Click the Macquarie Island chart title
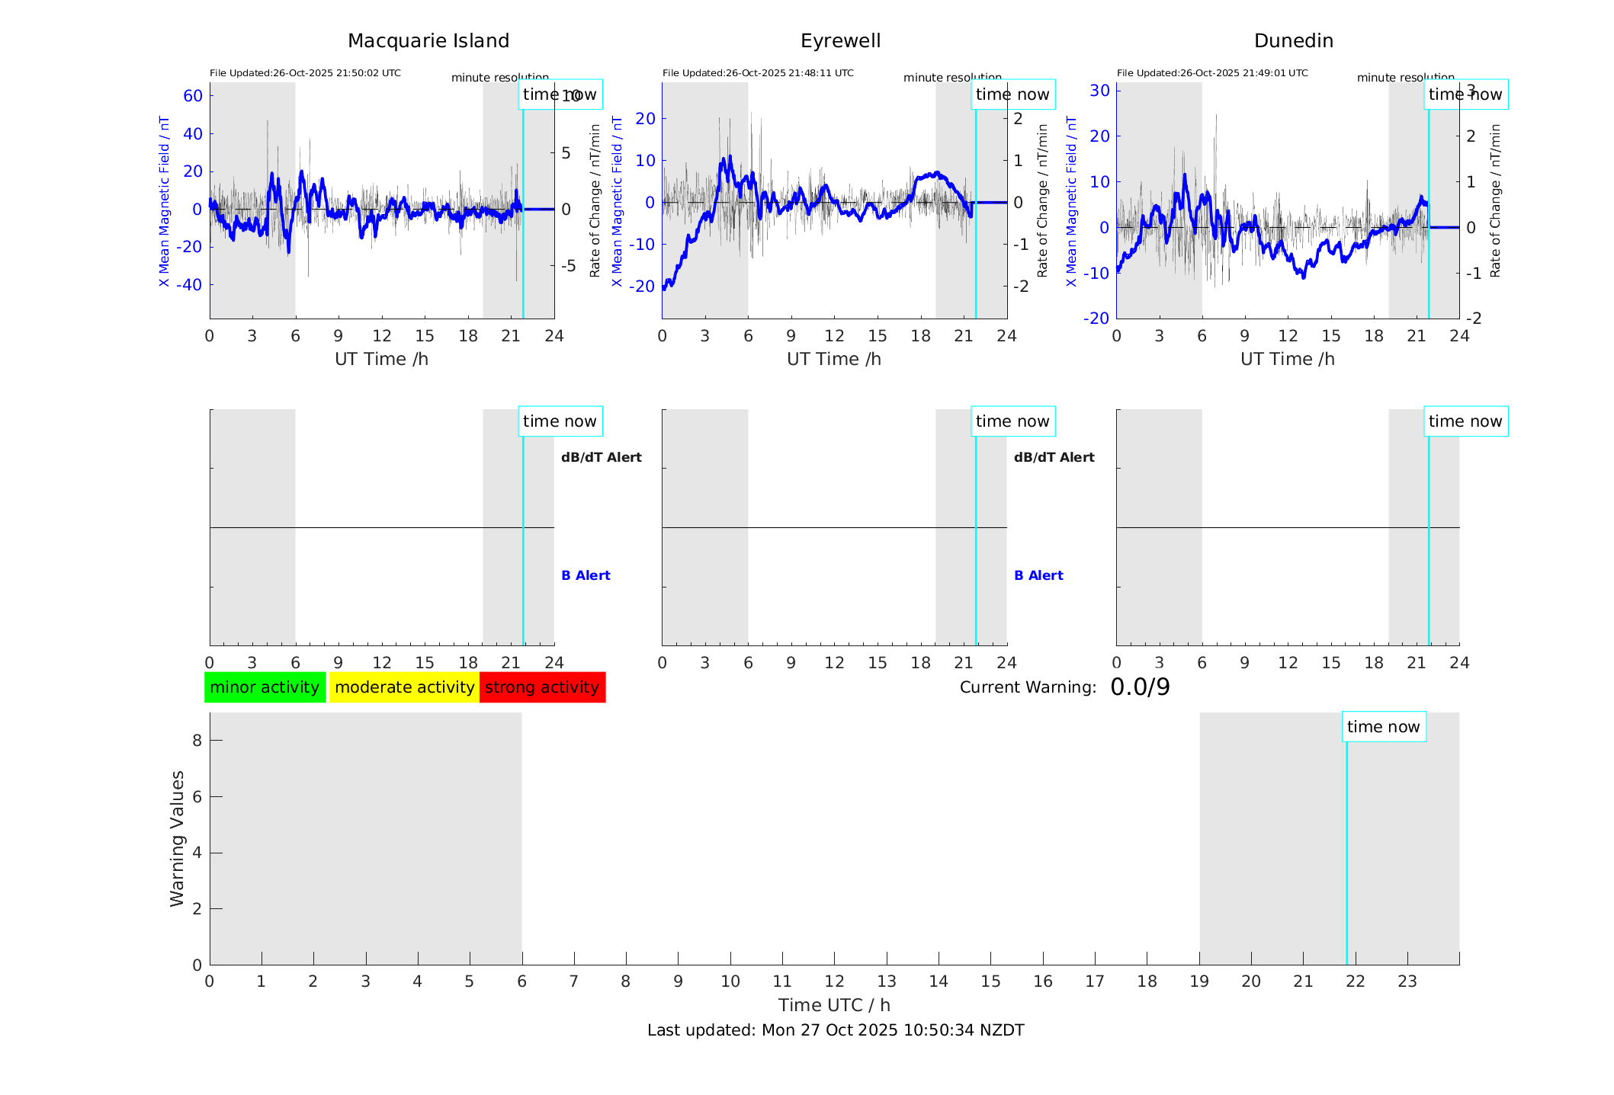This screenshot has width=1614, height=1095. pos(428,41)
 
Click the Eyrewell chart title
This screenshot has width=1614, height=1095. pos(840,41)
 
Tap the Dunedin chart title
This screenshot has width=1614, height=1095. pos(1293,41)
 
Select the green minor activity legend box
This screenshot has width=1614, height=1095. pos(265,687)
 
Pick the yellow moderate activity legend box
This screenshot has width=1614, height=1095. pos(404,687)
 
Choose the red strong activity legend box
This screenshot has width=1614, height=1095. pos(542,687)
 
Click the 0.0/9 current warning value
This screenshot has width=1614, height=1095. pos(1140,687)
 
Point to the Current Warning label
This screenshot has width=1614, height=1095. pos(1028,687)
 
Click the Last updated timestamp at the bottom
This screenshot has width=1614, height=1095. pos(836,1030)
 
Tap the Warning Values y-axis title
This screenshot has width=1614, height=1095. pos(178,838)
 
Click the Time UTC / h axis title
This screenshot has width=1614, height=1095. pos(834,1005)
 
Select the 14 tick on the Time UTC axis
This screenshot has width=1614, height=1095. pos(939,981)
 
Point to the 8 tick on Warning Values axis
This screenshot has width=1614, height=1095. pos(197,740)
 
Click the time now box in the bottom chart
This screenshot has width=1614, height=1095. pos(1383,727)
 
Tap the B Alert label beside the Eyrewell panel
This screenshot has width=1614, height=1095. pos(1038,575)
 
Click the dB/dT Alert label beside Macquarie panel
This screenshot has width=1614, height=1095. pos(601,457)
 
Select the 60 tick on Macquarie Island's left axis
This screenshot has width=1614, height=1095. pos(193,96)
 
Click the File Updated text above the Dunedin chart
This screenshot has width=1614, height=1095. pos(1212,73)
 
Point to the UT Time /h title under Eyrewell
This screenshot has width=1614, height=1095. pos(834,359)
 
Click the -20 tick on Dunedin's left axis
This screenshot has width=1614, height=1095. pos(1099,318)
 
